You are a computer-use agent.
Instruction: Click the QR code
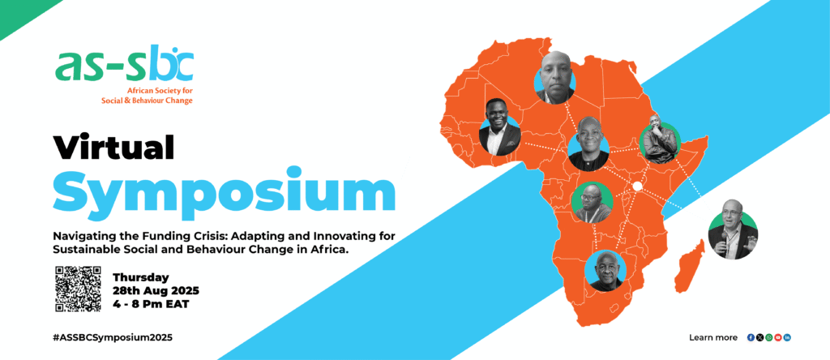(78, 288)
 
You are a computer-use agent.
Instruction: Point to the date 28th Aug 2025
(156, 290)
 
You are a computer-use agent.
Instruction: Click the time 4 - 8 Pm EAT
(150, 304)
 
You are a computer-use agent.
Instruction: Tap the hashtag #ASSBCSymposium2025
(113, 337)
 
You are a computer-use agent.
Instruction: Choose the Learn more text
(713, 337)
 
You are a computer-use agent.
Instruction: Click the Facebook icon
(751, 337)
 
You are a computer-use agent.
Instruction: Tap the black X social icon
(759, 337)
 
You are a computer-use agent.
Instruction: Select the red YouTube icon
(777, 337)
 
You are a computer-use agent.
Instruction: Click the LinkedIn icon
(787, 337)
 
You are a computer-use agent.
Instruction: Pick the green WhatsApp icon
(768, 337)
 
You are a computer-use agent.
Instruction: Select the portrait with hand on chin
(659, 139)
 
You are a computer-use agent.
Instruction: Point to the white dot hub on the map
(637, 186)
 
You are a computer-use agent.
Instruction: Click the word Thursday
(141, 276)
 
